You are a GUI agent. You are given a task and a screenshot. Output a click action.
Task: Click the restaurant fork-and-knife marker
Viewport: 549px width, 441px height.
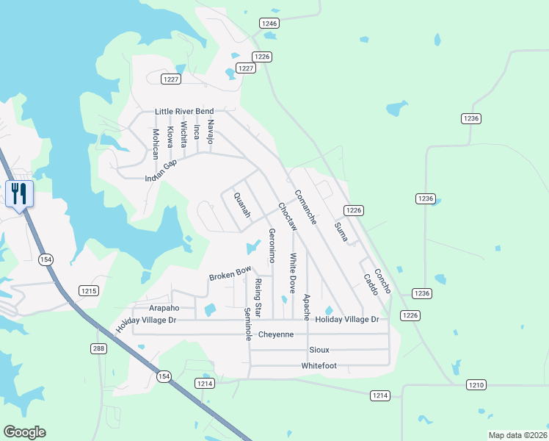(18, 194)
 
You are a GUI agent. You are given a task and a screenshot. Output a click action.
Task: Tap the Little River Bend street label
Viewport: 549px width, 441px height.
(183, 112)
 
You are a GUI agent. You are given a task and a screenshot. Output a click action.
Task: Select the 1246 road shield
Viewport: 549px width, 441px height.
(269, 24)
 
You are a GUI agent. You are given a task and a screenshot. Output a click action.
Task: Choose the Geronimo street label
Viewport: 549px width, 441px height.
(272, 245)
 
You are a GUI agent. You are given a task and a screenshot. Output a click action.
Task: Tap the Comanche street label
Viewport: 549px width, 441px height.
(305, 207)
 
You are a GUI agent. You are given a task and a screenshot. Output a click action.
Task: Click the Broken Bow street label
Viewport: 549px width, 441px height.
(230, 274)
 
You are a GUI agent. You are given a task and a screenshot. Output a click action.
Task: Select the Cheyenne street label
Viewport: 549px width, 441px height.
(271, 334)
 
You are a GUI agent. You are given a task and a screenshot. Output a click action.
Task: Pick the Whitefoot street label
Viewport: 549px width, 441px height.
(319, 365)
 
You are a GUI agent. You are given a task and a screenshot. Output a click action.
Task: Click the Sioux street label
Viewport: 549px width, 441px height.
(319, 350)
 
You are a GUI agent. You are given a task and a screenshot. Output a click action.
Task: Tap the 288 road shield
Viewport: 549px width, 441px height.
(100, 348)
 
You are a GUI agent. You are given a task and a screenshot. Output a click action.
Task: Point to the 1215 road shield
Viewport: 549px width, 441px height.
(89, 291)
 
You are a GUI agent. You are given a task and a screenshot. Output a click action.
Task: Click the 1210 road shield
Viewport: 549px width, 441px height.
(476, 384)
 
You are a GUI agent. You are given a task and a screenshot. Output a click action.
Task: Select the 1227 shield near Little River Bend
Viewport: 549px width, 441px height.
(171, 79)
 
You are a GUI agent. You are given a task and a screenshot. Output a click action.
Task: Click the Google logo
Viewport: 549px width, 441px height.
(24, 432)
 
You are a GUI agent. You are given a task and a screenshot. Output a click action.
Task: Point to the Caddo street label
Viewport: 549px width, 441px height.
(370, 284)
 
